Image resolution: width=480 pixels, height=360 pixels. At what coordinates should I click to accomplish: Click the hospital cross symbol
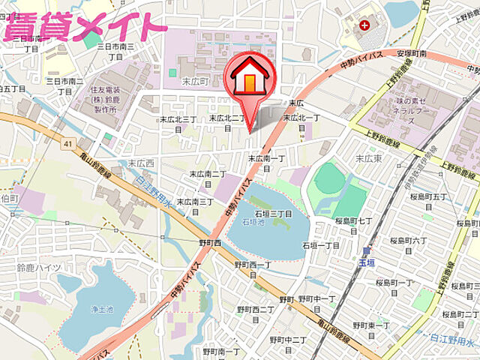[x=364, y=25]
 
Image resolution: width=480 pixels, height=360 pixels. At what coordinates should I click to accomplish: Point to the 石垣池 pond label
[x=253, y=223]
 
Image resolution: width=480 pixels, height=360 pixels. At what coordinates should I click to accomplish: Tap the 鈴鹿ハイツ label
[x=38, y=268]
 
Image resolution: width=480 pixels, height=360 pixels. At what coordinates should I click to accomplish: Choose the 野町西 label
[x=211, y=243]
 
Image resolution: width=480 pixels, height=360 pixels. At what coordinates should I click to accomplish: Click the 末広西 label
[x=140, y=162]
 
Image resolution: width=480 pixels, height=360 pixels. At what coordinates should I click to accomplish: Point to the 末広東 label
[x=368, y=158]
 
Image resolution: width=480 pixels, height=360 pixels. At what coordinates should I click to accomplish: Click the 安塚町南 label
[x=412, y=54]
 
